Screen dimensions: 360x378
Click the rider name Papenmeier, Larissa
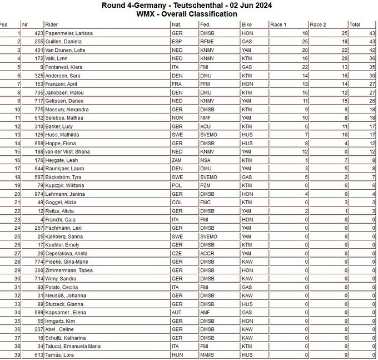click(68, 33)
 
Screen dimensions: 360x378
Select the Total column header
click(355, 25)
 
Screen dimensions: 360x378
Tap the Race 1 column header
click(278, 25)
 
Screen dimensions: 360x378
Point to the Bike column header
click(247, 25)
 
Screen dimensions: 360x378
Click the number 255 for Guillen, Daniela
click(38, 42)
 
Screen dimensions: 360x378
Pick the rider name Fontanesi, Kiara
click(64, 67)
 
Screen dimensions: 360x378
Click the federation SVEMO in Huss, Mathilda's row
click(209, 134)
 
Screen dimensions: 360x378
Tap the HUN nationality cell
click(178, 354)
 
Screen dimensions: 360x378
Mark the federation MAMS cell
click(208, 354)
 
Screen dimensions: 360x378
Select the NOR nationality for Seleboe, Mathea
click(178, 117)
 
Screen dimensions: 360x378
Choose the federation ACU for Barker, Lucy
click(206, 126)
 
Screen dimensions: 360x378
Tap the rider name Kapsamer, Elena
click(66, 313)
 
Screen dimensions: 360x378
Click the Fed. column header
click(206, 25)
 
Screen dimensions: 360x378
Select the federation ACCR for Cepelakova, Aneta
click(207, 252)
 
